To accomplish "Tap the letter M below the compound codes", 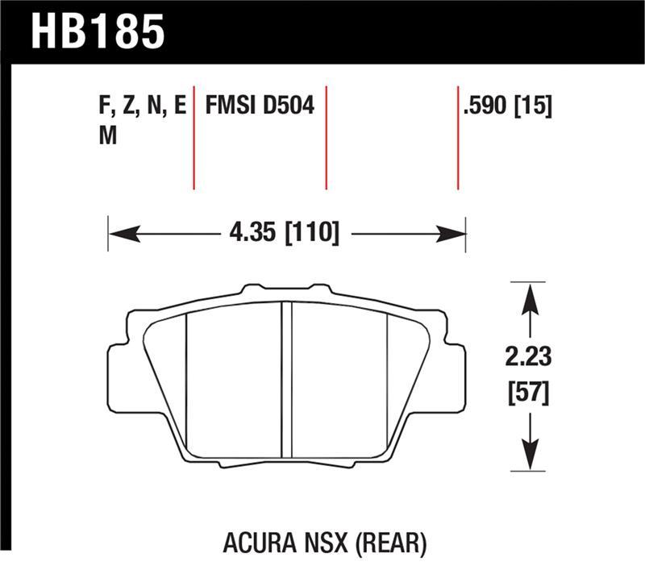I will (x=107, y=136).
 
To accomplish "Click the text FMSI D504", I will (x=260, y=106).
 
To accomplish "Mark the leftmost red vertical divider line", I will (x=194, y=137).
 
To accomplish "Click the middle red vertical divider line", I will (x=327, y=137).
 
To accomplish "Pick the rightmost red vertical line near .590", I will (x=458, y=137).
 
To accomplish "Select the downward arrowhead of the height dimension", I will (x=529, y=457).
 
